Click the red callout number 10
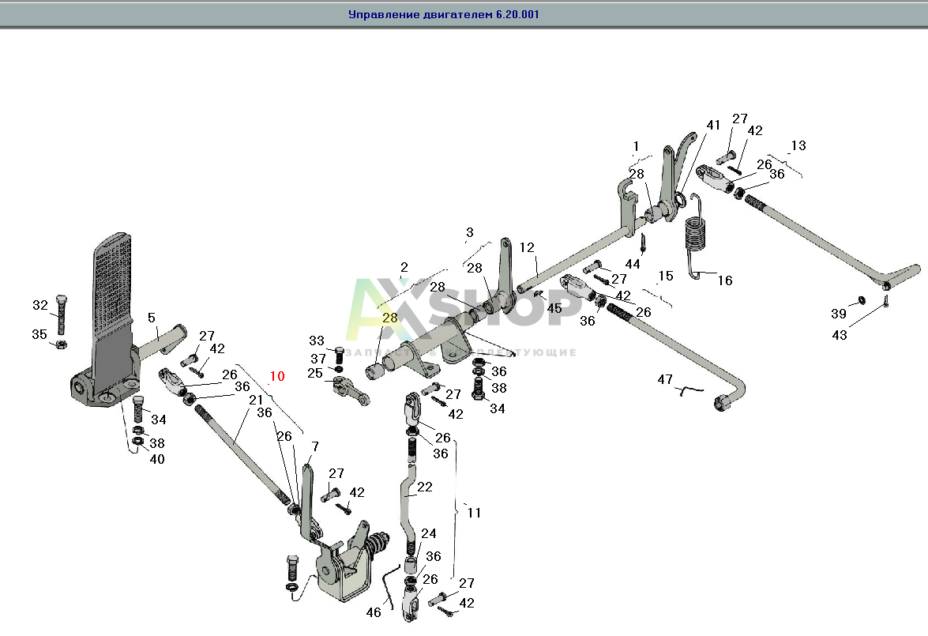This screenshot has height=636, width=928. [x=276, y=376]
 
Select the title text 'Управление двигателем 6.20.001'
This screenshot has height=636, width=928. [x=444, y=14]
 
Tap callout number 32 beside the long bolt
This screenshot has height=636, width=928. [x=40, y=305]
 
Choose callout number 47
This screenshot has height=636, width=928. [x=665, y=380]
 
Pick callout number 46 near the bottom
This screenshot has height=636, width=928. [x=373, y=612]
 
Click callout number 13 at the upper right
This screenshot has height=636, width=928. [x=798, y=145]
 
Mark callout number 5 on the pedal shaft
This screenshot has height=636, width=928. [x=151, y=318]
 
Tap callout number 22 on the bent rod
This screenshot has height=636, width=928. [x=425, y=487]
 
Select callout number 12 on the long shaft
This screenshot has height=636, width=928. [x=527, y=248]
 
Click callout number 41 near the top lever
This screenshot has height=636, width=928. [x=713, y=125]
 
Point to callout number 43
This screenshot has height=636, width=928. [x=840, y=335]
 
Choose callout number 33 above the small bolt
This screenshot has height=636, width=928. [x=317, y=341]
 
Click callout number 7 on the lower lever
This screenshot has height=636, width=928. [x=314, y=447]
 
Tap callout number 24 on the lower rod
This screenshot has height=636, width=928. [x=428, y=533]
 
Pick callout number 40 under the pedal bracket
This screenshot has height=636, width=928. [x=157, y=459]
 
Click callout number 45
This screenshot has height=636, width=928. [x=554, y=308]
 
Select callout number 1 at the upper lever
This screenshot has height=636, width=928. [x=635, y=145]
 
